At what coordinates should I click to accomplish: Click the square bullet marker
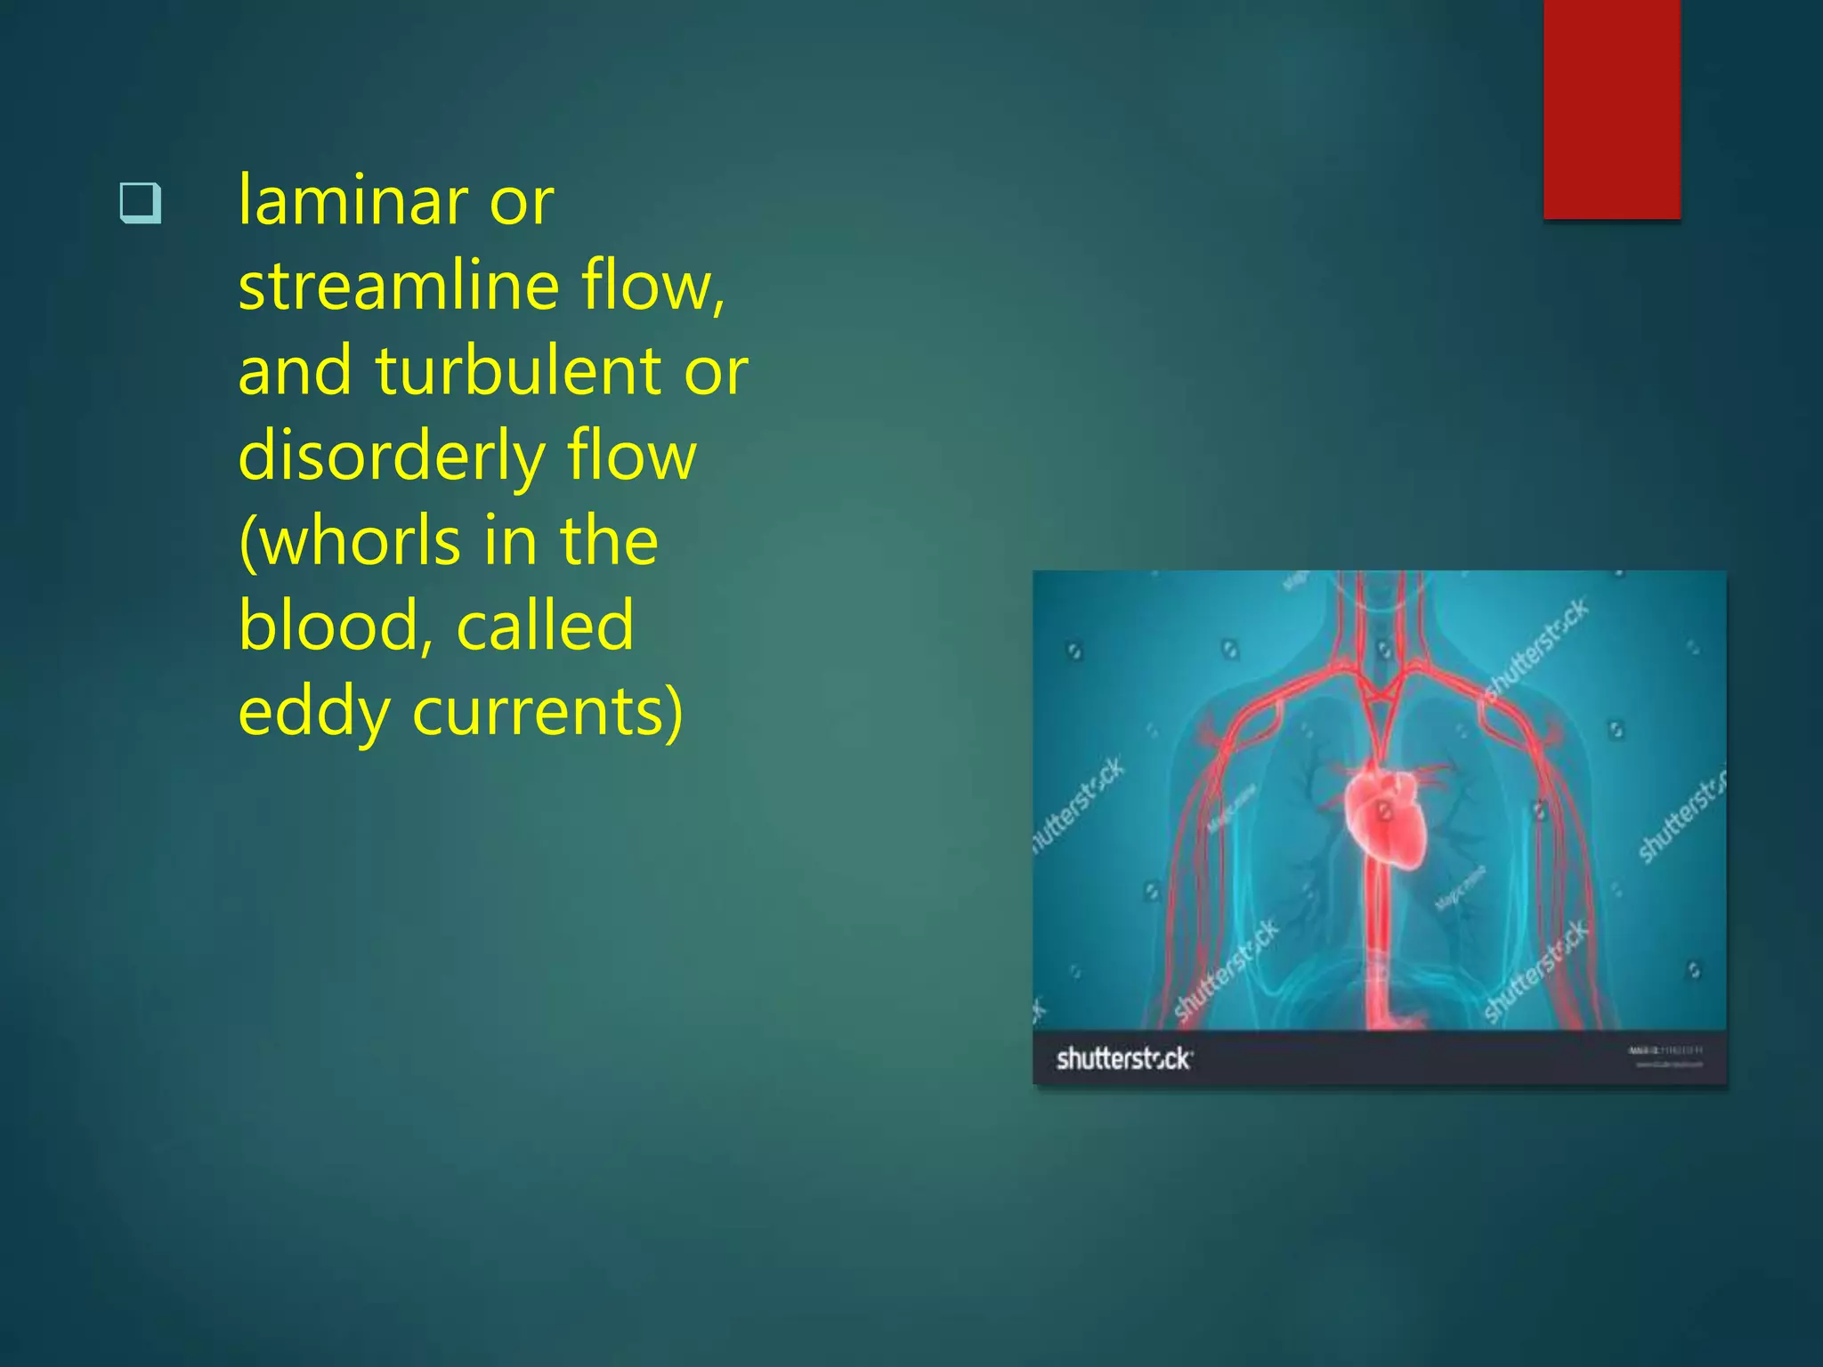[141, 202]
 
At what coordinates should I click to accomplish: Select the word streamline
[399, 286]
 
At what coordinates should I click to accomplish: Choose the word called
[545, 626]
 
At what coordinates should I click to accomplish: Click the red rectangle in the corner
[1611, 109]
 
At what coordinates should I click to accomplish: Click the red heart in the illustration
[1384, 817]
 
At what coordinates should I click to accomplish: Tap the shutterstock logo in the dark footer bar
[1123, 1058]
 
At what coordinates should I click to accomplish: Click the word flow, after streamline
[653, 286]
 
